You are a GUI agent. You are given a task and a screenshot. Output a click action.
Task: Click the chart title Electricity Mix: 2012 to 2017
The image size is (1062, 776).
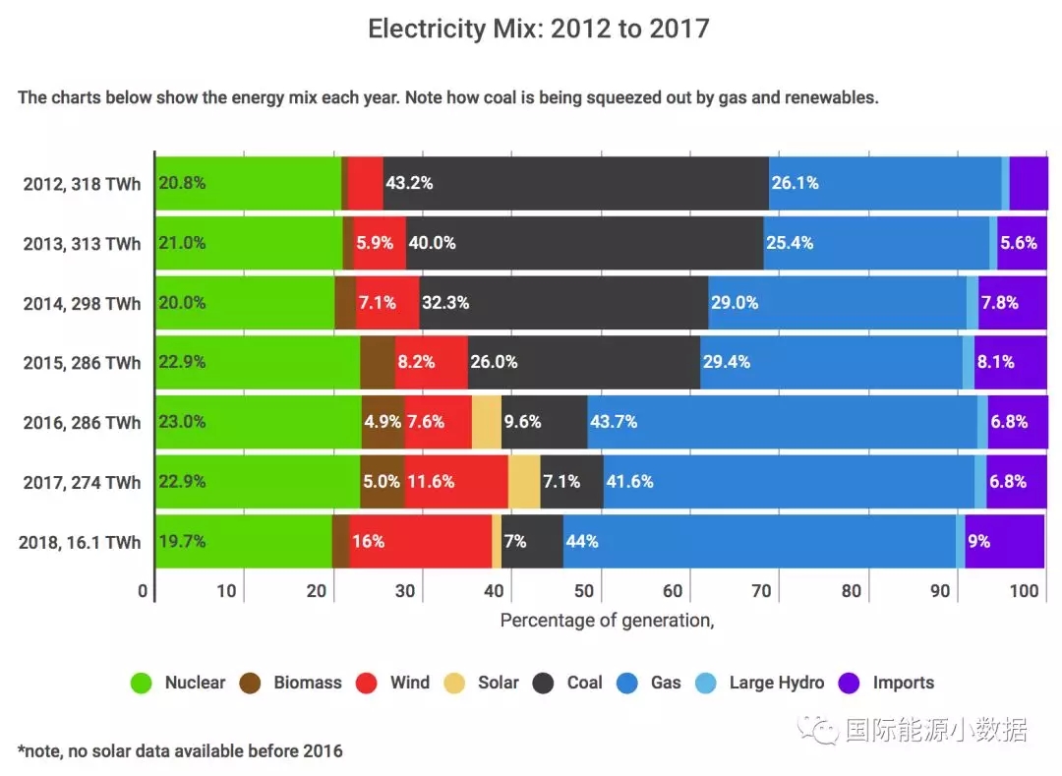(x=538, y=29)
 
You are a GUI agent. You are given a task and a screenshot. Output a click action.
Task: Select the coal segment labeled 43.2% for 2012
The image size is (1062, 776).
(x=575, y=183)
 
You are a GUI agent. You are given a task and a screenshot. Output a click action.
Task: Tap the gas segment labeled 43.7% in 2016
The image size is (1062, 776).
(x=782, y=422)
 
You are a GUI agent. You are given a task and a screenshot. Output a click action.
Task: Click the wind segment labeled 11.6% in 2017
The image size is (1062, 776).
(x=456, y=482)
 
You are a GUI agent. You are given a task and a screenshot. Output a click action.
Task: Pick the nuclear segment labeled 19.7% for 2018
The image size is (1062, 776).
(x=244, y=541)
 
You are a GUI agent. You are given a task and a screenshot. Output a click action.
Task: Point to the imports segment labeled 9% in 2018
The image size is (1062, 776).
(x=1004, y=541)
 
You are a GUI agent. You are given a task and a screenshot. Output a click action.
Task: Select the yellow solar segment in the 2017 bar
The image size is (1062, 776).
(x=524, y=482)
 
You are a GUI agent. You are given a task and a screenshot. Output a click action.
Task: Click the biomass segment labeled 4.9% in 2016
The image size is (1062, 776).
(x=383, y=422)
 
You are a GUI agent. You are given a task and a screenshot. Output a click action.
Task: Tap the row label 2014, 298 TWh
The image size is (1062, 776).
(x=82, y=303)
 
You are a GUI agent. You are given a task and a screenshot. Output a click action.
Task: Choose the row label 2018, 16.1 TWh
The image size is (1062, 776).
(x=80, y=542)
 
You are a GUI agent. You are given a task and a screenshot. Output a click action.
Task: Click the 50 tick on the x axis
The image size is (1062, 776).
(x=584, y=591)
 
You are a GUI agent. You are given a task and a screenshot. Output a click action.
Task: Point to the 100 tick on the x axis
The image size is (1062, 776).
(x=1024, y=591)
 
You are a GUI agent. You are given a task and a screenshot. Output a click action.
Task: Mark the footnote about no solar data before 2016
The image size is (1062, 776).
(x=180, y=750)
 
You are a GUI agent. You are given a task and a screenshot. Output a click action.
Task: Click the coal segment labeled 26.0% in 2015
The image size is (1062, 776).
(x=583, y=362)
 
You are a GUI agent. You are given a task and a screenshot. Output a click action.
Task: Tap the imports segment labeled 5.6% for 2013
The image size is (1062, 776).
(x=1022, y=243)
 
